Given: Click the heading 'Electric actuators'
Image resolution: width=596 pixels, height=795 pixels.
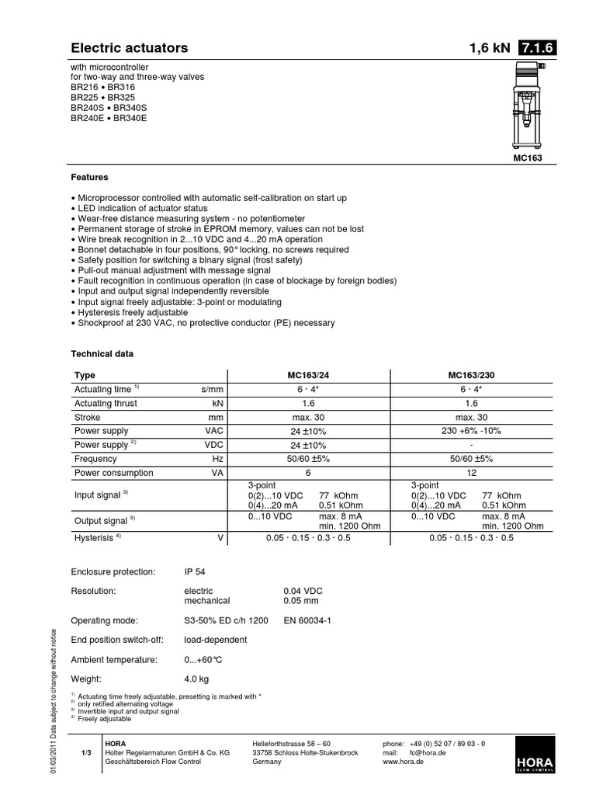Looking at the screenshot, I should [x=130, y=48].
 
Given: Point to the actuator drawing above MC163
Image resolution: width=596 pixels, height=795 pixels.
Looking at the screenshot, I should [x=525, y=108].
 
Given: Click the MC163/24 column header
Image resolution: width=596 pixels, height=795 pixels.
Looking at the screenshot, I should [x=307, y=375].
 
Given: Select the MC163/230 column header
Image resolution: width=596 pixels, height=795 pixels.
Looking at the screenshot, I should [x=472, y=375].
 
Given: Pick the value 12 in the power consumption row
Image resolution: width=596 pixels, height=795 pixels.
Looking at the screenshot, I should [x=472, y=473].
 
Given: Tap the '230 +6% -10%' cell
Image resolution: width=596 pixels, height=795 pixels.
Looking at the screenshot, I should [x=472, y=431].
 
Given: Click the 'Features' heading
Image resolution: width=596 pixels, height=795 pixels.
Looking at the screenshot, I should [x=90, y=177].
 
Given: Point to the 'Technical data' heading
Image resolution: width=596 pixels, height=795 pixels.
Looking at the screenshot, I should [x=102, y=353].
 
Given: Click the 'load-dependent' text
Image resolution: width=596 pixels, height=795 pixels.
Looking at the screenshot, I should [x=216, y=640].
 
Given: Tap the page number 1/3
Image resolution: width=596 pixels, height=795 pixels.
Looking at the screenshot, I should [x=86, y=753].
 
